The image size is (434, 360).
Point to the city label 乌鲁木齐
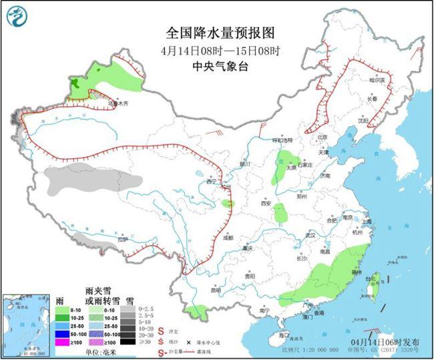click(x=118, y=104)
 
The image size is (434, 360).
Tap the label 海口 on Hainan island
click(x=284, y=333)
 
